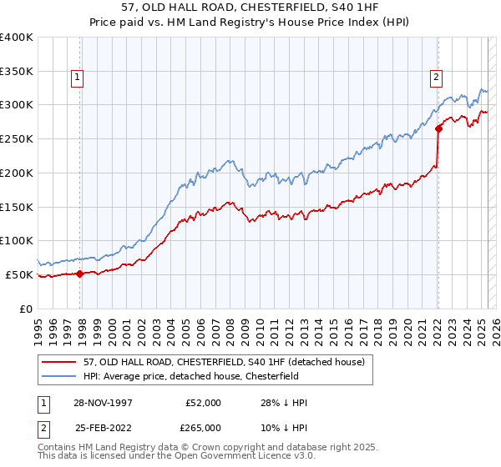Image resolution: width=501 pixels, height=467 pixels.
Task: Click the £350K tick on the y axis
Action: [x=17, y=72]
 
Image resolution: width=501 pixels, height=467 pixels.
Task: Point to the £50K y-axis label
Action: [x=20, y=274]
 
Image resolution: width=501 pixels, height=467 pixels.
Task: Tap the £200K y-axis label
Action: [x=17, y=173]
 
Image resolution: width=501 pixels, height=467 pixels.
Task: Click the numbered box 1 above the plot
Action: [x=77, y=78]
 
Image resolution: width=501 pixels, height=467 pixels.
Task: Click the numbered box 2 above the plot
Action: [x=436, y=78]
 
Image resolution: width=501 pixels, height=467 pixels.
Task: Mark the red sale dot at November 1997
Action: [x=79, y=273]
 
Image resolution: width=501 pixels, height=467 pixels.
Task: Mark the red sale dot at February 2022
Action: [x=438, y=128]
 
